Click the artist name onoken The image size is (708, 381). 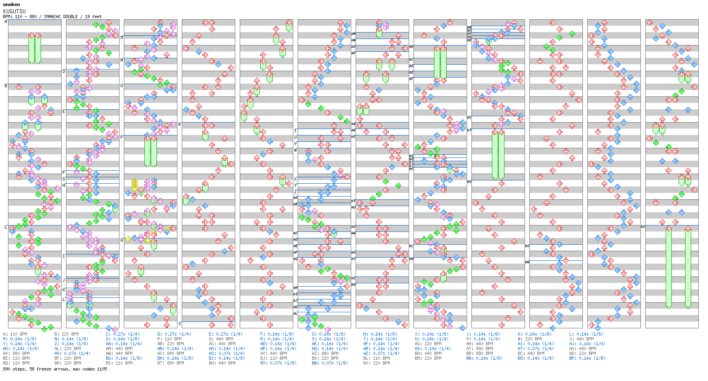click(11, 4)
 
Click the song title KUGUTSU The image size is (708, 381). click(14, 11)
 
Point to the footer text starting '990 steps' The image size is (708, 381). click(55, 369)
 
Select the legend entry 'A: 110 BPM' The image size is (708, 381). click(15, 334)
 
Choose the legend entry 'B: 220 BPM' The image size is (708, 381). click(66, 334)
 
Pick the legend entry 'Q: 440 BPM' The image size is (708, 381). click(221, 339)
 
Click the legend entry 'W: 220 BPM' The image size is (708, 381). click(530, 339)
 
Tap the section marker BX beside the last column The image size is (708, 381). click(643, 227)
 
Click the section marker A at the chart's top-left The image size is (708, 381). click(6, 22)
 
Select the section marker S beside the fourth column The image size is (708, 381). click(179, 323)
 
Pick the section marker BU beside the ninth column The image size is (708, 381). click(469, 182)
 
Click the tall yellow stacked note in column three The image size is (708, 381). click(134, 185)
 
